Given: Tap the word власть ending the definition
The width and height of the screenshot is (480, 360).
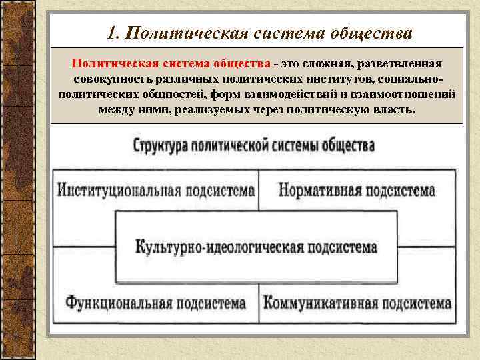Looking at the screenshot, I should [393, 109].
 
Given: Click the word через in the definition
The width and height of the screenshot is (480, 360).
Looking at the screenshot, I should [265, 109].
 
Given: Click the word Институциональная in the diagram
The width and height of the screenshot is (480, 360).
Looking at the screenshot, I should [116, 191].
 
